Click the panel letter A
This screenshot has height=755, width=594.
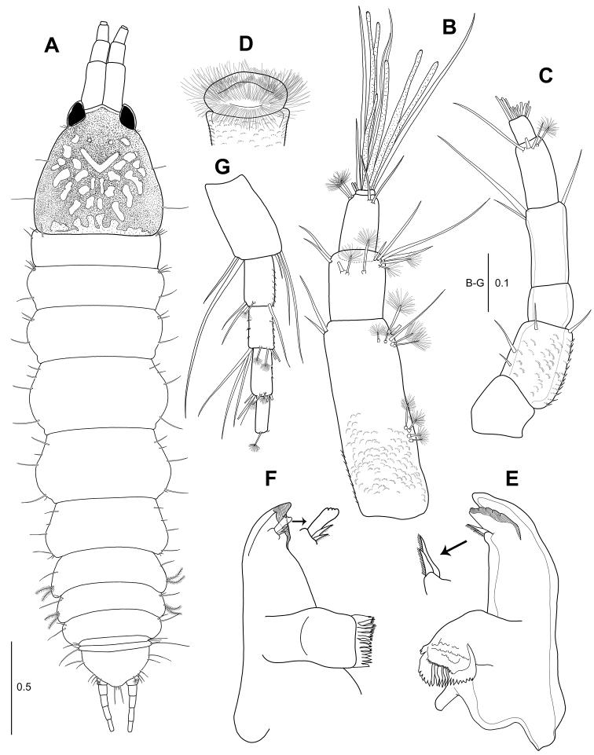(52, 46)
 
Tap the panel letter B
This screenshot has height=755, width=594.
(449, 27)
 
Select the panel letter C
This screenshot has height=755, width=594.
(545, 75)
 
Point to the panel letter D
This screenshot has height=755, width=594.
(245, 44)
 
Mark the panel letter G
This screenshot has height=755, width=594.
(222, 167)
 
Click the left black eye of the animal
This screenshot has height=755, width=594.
(75, 115)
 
